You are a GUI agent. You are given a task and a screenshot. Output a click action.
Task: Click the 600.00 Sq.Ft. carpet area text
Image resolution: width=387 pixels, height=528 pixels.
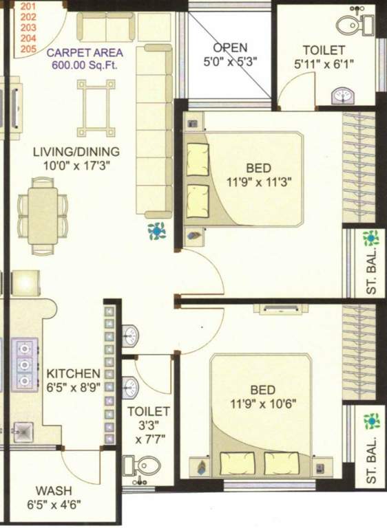pos(84,65)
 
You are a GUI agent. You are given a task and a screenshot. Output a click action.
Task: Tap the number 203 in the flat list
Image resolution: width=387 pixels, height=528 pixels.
pos(28,27)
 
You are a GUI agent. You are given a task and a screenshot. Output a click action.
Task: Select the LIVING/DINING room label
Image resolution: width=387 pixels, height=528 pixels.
pos(76,151)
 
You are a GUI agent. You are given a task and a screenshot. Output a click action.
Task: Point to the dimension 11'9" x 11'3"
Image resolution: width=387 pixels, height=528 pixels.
pos(259,182)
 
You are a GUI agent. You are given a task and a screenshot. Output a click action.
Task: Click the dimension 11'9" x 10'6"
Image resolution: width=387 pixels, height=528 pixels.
pos(263,403)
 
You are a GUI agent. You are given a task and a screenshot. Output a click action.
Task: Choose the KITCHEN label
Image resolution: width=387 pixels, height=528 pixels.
pos(73,373)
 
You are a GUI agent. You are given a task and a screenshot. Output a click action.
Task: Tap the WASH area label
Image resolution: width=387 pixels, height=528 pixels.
pos(54,491)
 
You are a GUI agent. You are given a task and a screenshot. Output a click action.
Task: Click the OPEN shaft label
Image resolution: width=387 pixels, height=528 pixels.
pos(230,48)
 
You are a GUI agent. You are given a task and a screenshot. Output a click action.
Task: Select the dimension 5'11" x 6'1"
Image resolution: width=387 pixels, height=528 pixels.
pos(324,64)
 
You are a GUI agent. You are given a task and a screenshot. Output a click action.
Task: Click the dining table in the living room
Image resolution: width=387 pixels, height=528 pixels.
pos(43,216)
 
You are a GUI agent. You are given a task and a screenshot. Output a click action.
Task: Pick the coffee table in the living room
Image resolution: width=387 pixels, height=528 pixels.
pos(96,108)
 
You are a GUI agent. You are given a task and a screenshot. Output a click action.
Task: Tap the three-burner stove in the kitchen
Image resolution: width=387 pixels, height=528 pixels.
pos(25,365)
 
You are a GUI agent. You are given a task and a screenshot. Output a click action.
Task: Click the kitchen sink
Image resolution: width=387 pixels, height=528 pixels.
pos(23,432)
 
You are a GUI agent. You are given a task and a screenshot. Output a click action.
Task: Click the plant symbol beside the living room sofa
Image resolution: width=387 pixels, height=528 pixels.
pos(156,231)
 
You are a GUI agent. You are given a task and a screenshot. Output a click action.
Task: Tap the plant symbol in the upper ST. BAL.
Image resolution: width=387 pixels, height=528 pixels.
pos(370,238)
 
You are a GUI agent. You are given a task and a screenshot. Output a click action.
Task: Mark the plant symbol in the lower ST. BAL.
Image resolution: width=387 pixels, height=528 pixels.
pos(371,421)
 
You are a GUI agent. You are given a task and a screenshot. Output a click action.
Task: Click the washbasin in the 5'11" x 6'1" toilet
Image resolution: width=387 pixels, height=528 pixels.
pos(343,96)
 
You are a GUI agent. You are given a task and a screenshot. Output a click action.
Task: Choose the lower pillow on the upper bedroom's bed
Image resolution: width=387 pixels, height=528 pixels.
pos(198,201)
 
